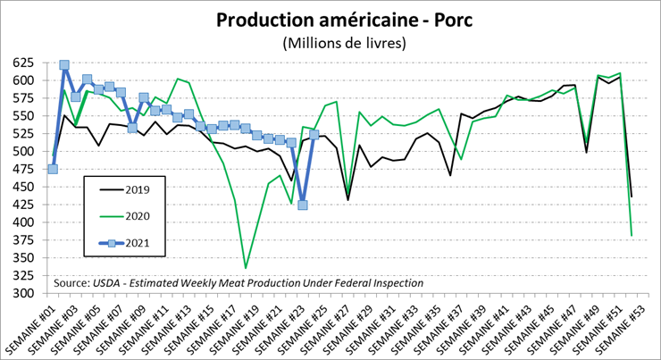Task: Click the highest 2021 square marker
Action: [x=64, y=65]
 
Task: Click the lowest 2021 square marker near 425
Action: [x=303, y=205]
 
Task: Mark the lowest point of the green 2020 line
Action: [x=246, y=268]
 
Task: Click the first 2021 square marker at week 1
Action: [x=53, y=169]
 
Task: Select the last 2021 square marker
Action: [x=314, y=135]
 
